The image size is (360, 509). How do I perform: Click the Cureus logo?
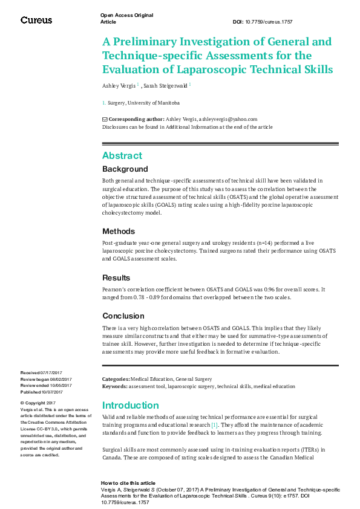pos(36,20)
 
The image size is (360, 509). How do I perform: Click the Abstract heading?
pos(122,155)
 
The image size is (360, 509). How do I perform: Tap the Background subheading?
pos(125,169)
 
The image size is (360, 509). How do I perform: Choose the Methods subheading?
pos(119,232)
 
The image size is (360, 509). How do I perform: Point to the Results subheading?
pos(116,278)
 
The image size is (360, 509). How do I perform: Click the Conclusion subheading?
pos(123,316)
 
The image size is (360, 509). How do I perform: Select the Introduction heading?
pos(130,405)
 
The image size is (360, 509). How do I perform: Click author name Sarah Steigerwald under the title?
pos(165,86)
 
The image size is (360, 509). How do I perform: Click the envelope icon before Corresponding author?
pos(105,119)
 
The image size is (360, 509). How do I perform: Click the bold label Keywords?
pos(114,386)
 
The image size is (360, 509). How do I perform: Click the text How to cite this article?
pos(128,484)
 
